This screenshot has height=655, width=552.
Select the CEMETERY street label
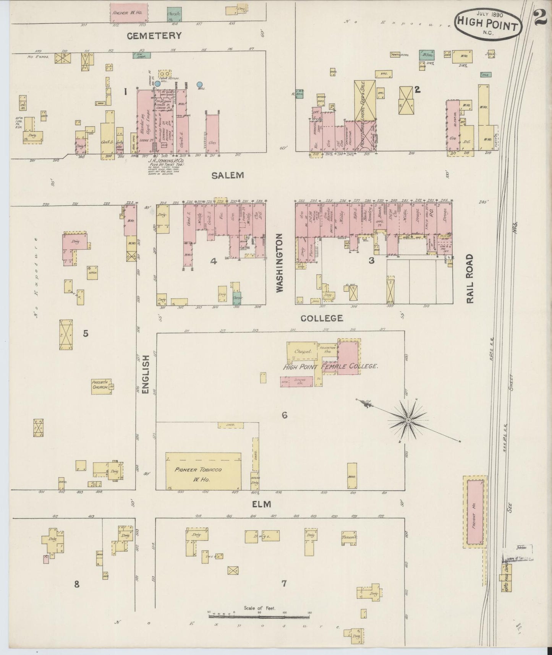154,36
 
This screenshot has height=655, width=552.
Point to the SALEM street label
228,175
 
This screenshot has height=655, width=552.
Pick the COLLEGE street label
322,318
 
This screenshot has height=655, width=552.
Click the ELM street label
261,504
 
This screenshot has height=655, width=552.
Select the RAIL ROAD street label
469,279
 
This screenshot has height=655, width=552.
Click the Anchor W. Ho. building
129,12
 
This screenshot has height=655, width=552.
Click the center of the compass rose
408,420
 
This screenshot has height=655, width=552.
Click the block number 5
86,334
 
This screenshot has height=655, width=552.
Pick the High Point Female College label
330,366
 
